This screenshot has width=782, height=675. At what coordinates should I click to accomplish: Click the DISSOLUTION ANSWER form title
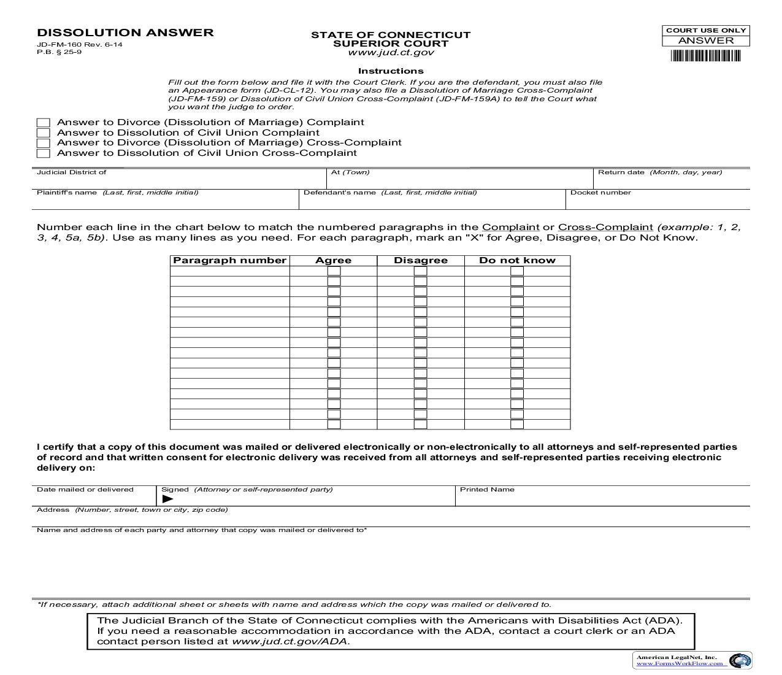pyautogui.click(x=125, y=33)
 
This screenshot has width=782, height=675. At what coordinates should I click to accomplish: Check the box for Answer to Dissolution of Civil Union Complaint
pyautogui.click(x=43, y=133)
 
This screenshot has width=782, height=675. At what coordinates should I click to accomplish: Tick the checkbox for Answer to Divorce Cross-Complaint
pyautogui.click(x=43, y=143)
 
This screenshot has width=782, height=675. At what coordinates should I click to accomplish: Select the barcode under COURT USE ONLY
pyautogui.click(x=706, y=56)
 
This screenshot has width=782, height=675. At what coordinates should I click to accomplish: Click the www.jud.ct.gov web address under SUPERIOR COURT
pyautogui.click(x=391, y=53)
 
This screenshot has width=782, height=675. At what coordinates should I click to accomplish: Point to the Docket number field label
pyautogui.click(x=600, y=193)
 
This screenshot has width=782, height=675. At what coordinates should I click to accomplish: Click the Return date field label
pyautogui.click(x=621, y=172)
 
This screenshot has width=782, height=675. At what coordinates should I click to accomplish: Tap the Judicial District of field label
pyautogui.click(x=72, y=172)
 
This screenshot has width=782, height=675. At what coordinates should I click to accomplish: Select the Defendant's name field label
pyautogui.click(x=340, y=193)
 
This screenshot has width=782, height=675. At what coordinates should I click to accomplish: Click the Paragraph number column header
pyautogui.click(x=229, y=260)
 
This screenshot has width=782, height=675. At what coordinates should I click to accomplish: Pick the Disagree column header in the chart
pyautogui.click(x=420, y=260)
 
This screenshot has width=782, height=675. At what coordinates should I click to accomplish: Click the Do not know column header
pyautogui.click(x=517, y=260)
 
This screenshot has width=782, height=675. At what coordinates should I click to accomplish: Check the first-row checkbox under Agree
pyautogui.click(x=334, y=271)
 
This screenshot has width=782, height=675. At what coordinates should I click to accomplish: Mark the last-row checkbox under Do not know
pyautogui.click(x=517, y=424)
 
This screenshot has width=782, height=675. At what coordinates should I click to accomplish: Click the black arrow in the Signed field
pyautogui.click(x=167, y=499)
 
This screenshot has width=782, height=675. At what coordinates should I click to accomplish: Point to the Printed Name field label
pyautogui.click(x=487, y=490)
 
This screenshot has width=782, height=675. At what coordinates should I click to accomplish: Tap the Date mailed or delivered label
pyautogui.click(x=85, y=490)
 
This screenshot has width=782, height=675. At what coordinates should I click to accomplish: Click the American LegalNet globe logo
pyautogui.click(x=740, y=661)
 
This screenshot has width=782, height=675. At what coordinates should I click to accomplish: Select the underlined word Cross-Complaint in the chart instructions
pyautogui.click(x=605, y=227)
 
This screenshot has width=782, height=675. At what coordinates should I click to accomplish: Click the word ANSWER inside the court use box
pyautogui.click(x=706, y=40)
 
